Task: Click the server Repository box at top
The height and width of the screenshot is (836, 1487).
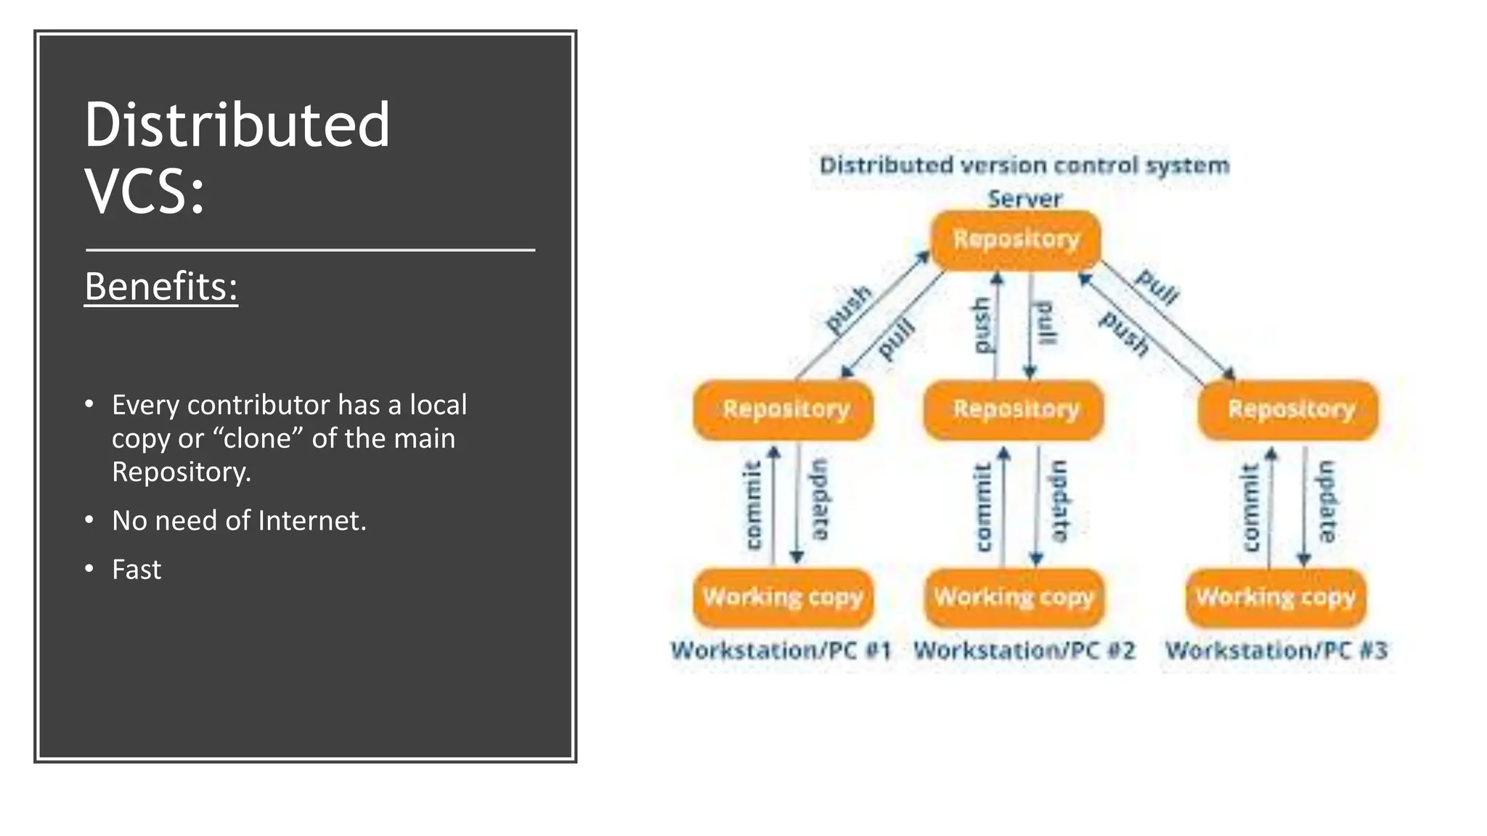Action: (x=1016, y=239)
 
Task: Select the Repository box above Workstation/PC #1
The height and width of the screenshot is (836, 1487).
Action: (x=784, y=409)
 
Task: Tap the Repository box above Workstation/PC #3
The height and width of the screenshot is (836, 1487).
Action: (x=1290, y=409)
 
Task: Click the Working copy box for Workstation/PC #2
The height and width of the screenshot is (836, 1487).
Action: (x=1014, y=597)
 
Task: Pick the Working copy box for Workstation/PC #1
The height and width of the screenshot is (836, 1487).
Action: (x=783, y=597)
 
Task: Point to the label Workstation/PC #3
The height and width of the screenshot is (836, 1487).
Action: (x=1276, y=650)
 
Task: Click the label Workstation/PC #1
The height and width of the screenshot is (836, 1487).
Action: (x=781, y=650)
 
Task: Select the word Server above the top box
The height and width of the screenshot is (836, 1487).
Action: (x=1024, y=198)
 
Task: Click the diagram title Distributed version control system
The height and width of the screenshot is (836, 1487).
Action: (x=1024, y=165)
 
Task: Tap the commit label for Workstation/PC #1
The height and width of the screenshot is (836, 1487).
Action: (x=754, y=505)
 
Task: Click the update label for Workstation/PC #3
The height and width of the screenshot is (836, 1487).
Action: (x=1327, y=501)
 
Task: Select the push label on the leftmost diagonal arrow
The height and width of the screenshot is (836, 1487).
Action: (x=848, y=309)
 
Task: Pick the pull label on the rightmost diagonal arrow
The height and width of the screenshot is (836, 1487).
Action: (x=1157, y=287)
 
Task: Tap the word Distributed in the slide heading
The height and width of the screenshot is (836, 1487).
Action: (x=237, y=125)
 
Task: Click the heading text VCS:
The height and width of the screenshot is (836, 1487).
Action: (x=144, y=191)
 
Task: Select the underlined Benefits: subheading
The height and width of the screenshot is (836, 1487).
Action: (x=161, y=287)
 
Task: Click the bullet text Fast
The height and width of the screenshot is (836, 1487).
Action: (x=137, y=570)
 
